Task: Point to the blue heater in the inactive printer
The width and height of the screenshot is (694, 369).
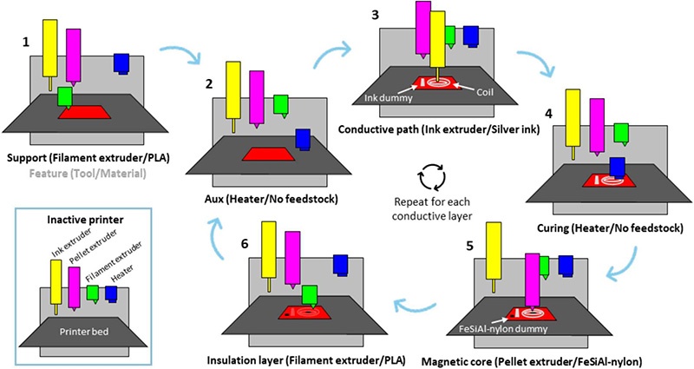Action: click(110, 292)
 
